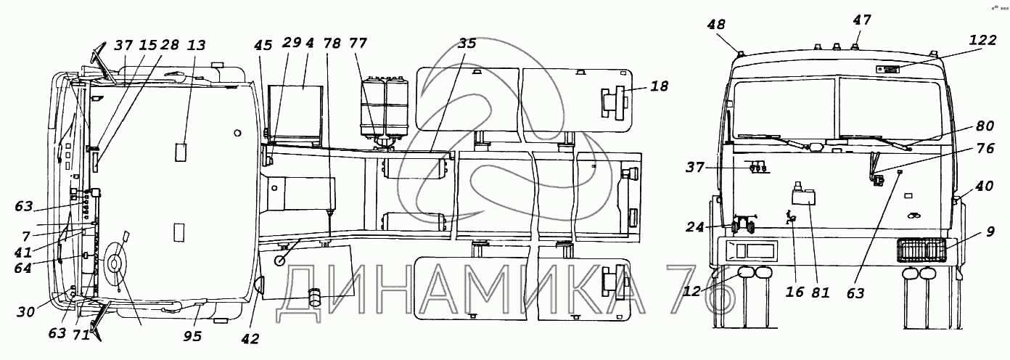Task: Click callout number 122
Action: pyautogui.click(x=983, y=40)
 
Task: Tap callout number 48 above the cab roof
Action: pyautogui.click(x=716, y=25)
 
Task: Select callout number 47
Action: pyautogui.click(x=862, y=20)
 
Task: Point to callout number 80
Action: pyautogui.click(x=985, y=126)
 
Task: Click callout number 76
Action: pyautogui.click(x=985, y=148)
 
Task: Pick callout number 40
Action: pyautogui.click(x=985, y=186)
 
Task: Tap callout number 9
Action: pyautogui.click(x=990, y=232)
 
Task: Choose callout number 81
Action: pyautogui.click(x=820, y=292)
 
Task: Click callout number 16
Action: pyautogui.click(x=795, y=292)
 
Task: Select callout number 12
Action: pyautogui.click(x=691, y=291)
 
